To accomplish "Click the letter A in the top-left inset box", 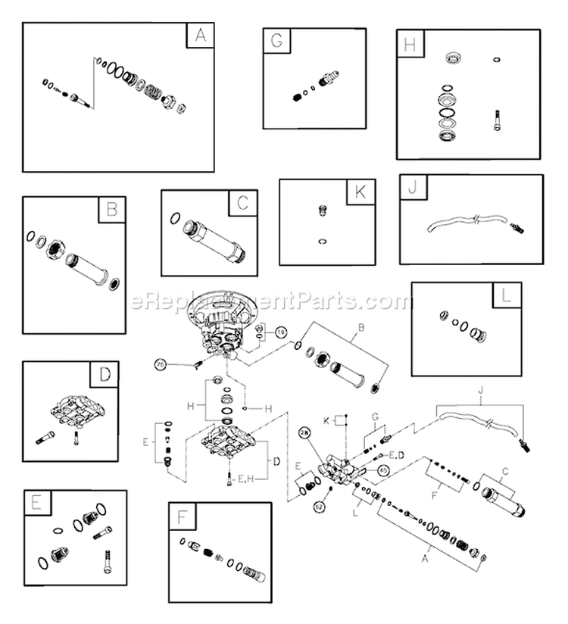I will (x=200, y=36).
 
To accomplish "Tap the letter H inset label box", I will (x=410, y=45).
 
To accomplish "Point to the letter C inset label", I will (x=242, y=203).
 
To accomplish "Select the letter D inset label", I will (x=105, y=375).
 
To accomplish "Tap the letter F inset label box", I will (x=183, y=516).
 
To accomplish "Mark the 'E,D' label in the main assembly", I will (x=396, y=455).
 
